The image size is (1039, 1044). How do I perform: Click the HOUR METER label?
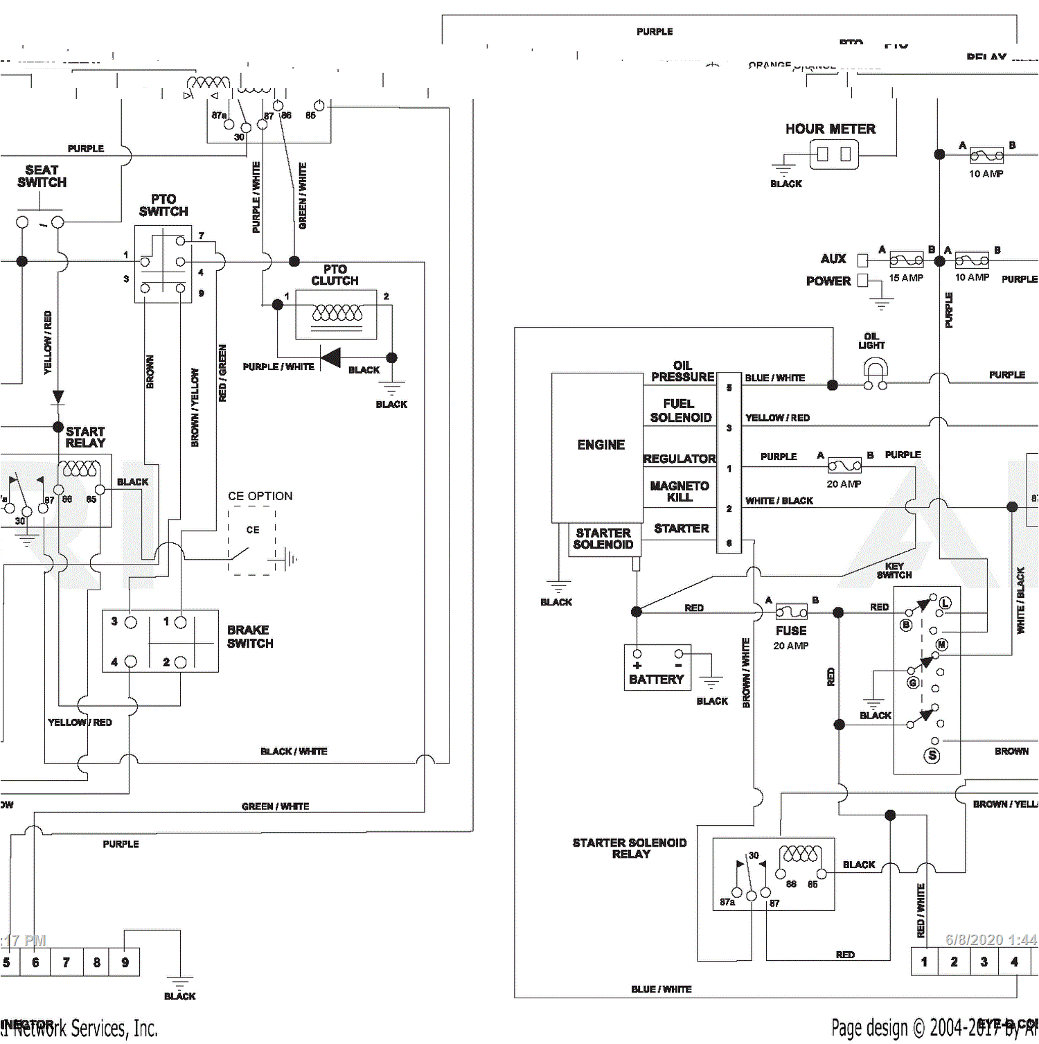click(x=830, y=129)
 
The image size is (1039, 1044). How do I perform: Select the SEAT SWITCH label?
click(x=42, y=176)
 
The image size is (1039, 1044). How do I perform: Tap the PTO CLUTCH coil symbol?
click(x=337, y=313)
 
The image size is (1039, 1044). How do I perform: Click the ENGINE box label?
click(x=601, y=445)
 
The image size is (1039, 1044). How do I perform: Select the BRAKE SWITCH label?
click(x=250, y=637)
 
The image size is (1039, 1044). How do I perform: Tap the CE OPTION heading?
click(x=260, y=496)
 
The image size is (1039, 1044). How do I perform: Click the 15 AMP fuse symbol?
click(x=906, y=260)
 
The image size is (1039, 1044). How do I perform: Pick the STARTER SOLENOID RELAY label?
click(x=630, y=848)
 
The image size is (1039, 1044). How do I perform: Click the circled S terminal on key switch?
click(x=932, y=755)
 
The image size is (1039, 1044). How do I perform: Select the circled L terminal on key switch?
click(x=945, y=603)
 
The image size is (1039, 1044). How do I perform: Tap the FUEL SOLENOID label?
click(x=680, y=410)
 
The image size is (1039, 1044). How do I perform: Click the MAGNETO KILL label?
click(x=679, y=491)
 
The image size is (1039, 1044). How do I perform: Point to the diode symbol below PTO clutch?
click(x=330, y=358)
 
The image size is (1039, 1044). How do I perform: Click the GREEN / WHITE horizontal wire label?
click(x=275, y=806)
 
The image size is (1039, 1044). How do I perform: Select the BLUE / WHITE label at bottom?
click(x=661, y=989)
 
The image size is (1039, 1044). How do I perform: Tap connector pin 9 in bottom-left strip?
click(x=125, y=962)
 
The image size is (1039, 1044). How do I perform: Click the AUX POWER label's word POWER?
click(x=828, y=281)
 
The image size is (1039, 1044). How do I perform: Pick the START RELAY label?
click(x=85, y=437)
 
